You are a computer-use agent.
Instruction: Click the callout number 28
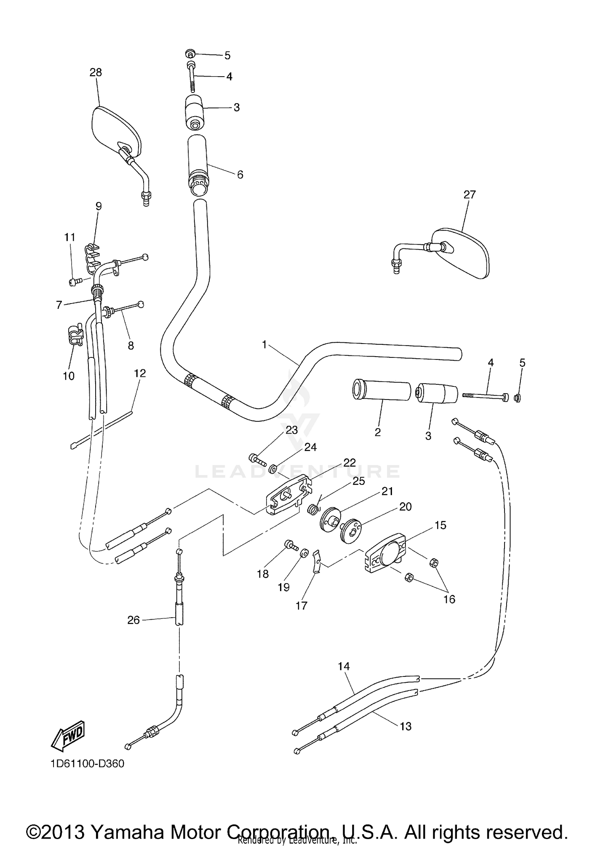(x=96, y=72)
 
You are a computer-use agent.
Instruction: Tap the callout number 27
(x=469, y=194)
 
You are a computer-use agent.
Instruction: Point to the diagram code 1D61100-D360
(x=87, y=763)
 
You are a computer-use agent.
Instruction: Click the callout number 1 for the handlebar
(x=265, y=345)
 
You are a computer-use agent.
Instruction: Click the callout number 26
(x=133, y=620)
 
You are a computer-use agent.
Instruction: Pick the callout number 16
(x=449, y=599)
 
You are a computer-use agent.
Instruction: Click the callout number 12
(x=140, y=373)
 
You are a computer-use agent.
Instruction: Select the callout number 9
(x=98, y=206)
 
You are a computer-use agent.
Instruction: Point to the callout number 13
(x=405, y=726)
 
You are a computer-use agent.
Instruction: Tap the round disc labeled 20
(x=351, y=530)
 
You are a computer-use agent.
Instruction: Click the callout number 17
(x=301, y=605)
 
